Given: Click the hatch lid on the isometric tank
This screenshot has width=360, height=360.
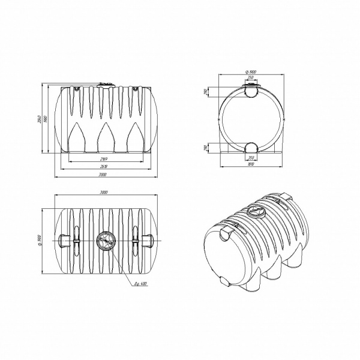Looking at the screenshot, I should [x=254, y=212].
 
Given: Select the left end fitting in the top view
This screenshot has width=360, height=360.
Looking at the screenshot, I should [x=65, y=241].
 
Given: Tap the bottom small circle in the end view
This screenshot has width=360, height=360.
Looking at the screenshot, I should [x=251, y=146].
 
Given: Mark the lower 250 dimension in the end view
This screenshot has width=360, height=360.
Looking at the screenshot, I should [x=251, y=158].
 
